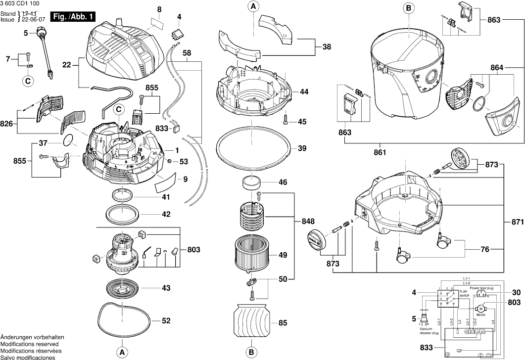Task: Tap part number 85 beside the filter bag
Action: [x=283, y=323]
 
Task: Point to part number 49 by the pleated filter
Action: [x=283, y=255]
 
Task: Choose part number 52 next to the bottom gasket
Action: [x=166, y=320]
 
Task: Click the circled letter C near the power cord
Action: [x=28, y=80]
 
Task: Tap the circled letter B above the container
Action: [x=408, y=7]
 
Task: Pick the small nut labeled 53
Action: [x=169, y=161]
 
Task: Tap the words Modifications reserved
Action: [x=29, y=344]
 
